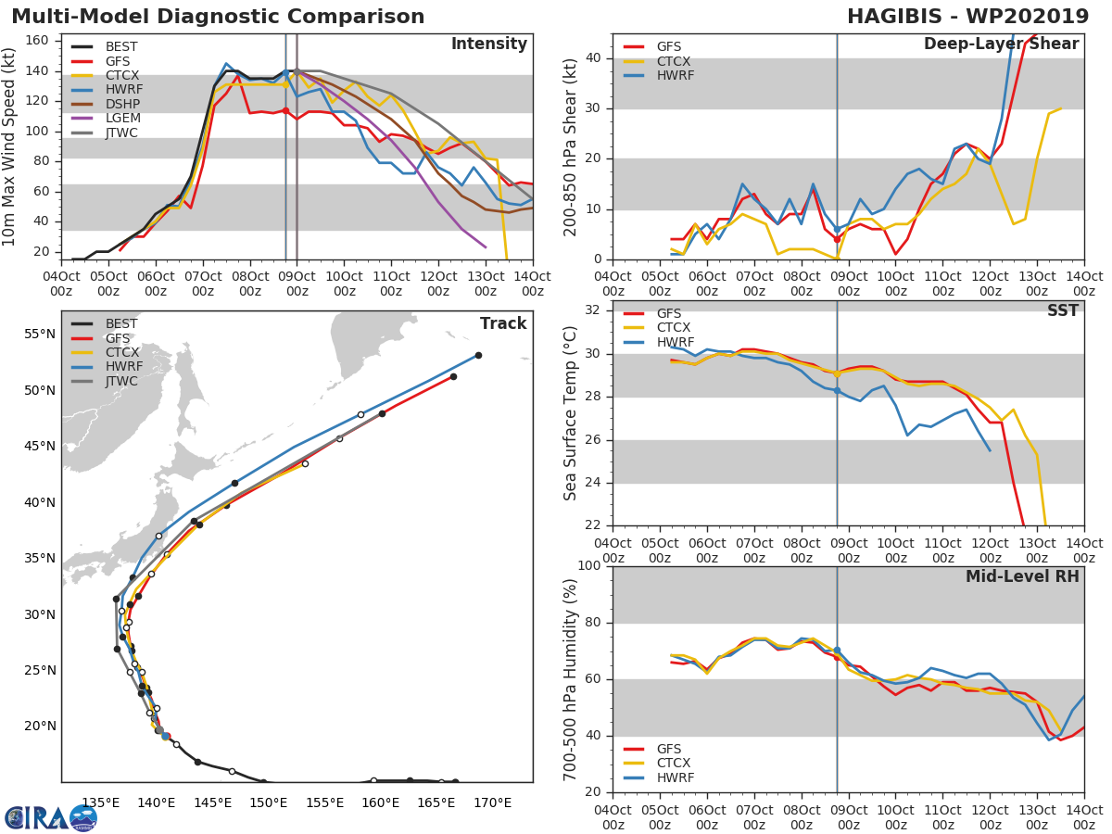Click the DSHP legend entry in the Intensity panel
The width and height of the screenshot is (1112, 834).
[106, 104]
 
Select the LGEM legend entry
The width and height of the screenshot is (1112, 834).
[106, 118]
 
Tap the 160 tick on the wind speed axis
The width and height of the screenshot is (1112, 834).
[37, 41]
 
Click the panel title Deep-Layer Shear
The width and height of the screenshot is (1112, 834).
[1001, 44]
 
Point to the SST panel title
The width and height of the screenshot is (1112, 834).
[1063, 310]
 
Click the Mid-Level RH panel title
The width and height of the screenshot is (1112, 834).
[1022, 576]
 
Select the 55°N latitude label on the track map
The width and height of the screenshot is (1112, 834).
[40, 335]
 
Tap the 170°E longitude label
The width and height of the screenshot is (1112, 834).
[492, 802]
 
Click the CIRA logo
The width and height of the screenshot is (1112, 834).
[50, 817]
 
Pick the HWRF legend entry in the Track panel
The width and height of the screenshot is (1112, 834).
[107, 366]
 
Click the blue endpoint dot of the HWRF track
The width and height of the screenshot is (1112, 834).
[478, 356]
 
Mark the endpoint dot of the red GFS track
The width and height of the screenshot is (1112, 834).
[453, 377]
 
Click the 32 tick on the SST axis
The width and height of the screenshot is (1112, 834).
[593, 310]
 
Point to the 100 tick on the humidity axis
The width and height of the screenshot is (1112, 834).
[589, 565]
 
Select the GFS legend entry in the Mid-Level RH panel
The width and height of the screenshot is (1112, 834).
[652, 749]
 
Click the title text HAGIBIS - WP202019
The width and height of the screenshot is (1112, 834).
[967, 16]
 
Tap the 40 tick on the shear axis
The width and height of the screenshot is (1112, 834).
[593, 58]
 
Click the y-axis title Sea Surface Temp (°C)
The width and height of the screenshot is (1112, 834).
[570, 413]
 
